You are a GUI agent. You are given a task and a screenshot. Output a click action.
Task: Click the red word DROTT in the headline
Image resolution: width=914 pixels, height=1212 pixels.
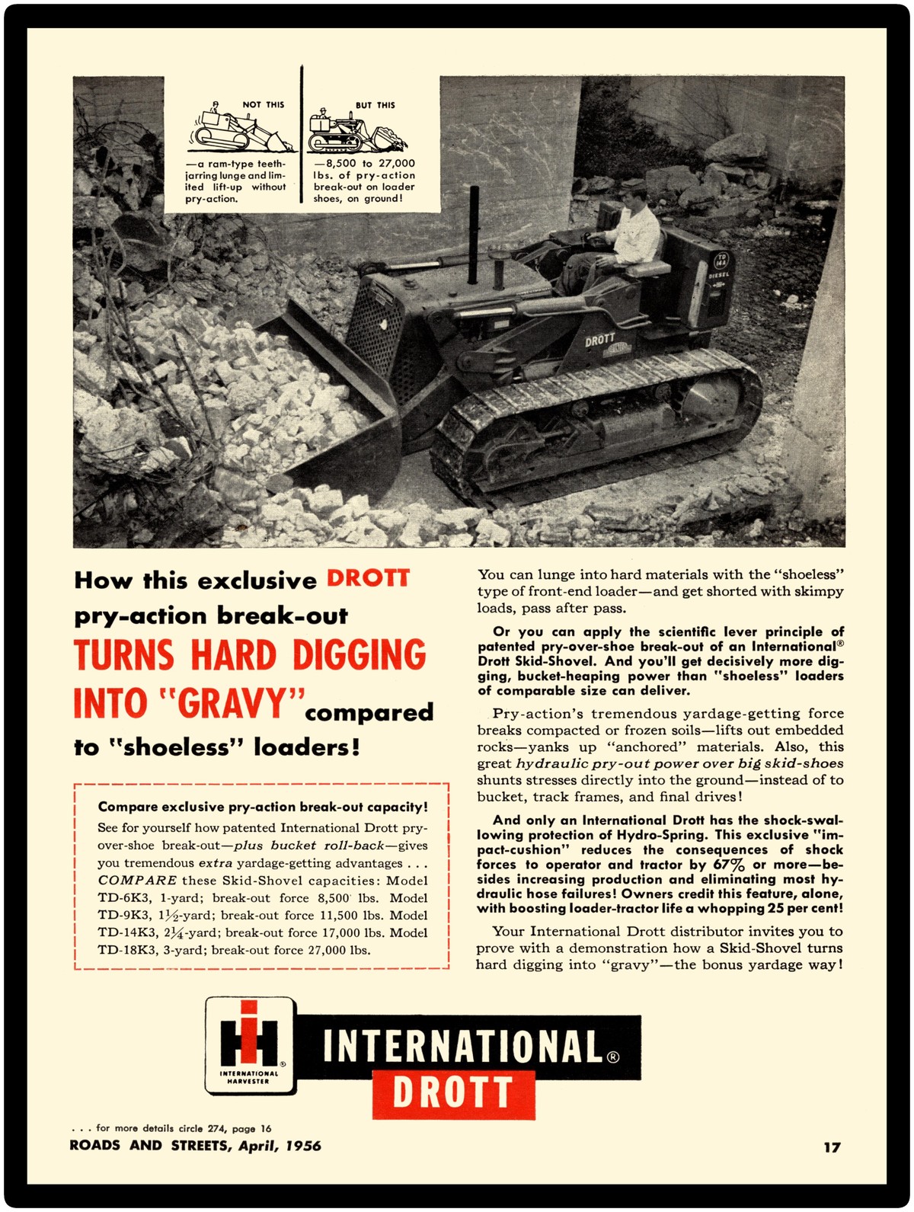click(x=368, y=578)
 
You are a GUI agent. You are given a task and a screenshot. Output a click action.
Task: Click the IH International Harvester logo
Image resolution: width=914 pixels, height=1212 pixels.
click(x=250, y=1045)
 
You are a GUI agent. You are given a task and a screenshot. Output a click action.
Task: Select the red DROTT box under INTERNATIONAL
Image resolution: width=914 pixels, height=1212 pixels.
click(x=453, y=1094)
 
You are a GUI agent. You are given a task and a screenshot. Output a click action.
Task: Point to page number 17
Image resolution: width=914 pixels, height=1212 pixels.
click(x=832, y=1146)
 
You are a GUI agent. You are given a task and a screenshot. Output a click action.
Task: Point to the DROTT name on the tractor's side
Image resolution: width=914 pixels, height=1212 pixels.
click(x=600, y=340)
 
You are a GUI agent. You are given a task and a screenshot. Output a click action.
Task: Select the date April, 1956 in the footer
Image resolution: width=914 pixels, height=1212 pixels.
click(x=280, y=1146)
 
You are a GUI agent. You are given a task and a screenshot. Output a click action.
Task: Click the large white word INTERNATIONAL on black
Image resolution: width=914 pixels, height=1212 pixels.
click(x=462, y=1047)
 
